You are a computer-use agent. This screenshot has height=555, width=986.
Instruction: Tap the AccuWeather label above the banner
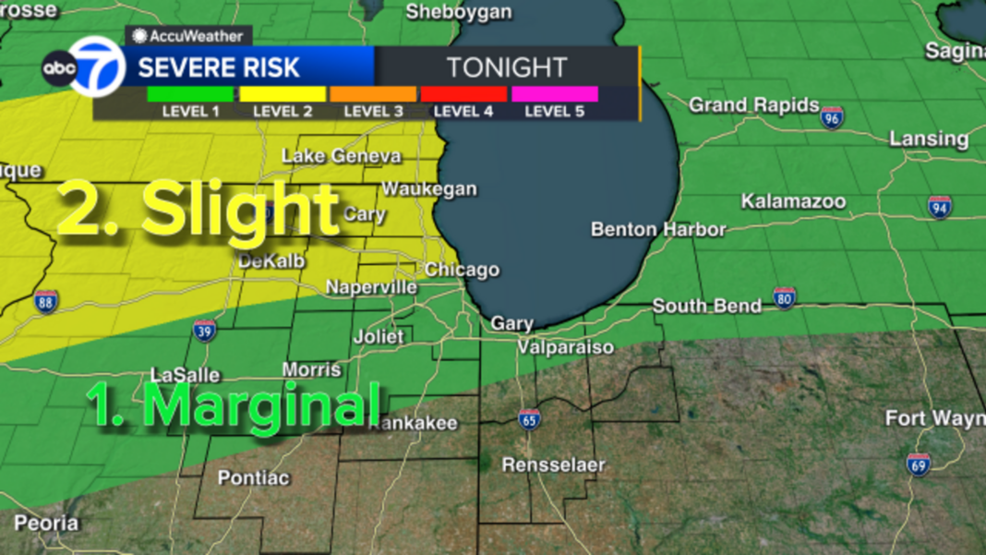(x=188, y=36)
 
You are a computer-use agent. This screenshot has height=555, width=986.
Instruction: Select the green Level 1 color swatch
(x=190, y=93)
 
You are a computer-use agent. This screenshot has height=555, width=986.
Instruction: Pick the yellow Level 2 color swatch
(x=283, y=93)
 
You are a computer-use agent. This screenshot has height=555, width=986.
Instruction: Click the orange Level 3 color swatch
(x=373, y=93)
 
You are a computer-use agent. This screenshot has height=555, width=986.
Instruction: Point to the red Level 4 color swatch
(x=463, y=93)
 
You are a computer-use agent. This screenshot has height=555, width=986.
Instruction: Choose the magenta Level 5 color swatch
(x=554, y=93)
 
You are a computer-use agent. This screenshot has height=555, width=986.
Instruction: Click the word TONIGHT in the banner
(x=506, y=67)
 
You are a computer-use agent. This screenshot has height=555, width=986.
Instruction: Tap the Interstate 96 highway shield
(x=832, y=117)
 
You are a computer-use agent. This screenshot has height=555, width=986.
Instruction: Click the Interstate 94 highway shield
(x=940, y=207)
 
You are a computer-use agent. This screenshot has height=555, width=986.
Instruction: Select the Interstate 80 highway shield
(x=784, y=297)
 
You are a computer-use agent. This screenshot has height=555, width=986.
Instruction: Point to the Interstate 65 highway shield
(x=529, y=420)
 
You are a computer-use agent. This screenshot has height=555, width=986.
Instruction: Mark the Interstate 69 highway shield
(x=918, y=465)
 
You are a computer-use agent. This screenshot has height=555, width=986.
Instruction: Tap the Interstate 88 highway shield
(x=46, y=300)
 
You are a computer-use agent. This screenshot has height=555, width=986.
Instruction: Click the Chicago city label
(x=462, y=270)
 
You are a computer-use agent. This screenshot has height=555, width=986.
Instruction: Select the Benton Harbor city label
(x=658, y=229)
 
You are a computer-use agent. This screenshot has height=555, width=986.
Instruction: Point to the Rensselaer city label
(x=553, y=465)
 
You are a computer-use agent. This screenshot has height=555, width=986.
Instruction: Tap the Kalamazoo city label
(x=793, y=201)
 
